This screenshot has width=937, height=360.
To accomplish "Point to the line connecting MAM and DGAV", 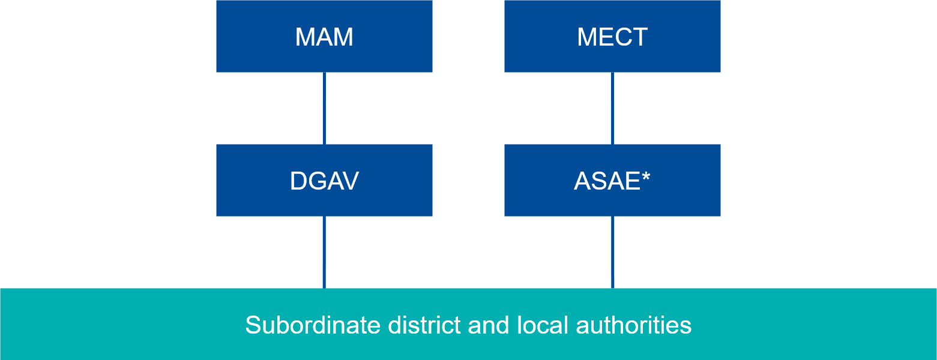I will click(324, 108).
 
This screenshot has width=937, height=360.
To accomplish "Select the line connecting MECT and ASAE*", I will click(612, 108).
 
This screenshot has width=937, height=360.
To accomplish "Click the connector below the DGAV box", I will click(324, 252).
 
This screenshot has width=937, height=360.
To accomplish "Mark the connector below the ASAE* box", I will click(612, 252).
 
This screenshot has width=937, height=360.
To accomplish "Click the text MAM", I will click(324, 37).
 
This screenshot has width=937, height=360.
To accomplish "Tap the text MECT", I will click(612, 37).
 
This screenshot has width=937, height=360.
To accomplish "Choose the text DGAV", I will click(324, 181).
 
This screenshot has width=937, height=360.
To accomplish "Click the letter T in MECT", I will click(639, 37).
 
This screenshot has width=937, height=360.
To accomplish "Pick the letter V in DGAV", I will click(350, 181).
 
